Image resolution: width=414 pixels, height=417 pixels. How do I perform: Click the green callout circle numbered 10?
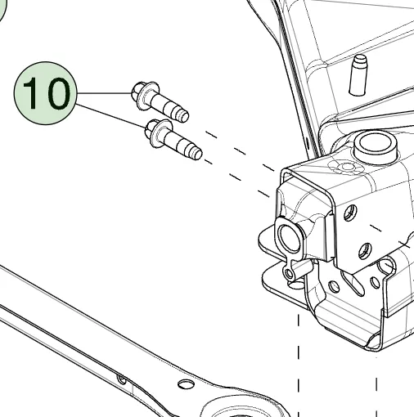click(46, 93)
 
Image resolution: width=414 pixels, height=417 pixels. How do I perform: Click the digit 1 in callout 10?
click(30, 93)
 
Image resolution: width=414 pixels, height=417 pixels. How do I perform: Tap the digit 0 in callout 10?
click(56, 93)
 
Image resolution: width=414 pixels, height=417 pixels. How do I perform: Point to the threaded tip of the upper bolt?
click(182, 115)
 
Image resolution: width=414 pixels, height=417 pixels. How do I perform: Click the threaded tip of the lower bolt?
click(196, 153)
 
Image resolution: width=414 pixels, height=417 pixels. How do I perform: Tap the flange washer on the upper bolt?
click(147, 96)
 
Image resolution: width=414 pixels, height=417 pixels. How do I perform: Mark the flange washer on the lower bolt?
click(161, 134)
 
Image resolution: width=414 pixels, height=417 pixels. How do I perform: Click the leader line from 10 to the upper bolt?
click(105, 93)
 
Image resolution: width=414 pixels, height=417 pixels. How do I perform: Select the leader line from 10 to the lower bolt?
click(110, 115)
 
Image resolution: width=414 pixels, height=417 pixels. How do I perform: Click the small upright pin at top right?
click(358, 75)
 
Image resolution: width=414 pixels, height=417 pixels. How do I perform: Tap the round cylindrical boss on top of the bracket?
click(376, 147)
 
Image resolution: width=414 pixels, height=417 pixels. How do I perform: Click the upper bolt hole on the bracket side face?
click(350, 213)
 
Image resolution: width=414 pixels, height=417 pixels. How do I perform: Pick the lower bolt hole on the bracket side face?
click(365, 251)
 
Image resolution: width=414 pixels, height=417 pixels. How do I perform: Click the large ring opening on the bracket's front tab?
click(290, 237)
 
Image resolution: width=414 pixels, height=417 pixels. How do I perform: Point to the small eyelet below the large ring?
click(289, 273)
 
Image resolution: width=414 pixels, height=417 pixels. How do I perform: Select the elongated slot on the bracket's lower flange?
click(353, 284)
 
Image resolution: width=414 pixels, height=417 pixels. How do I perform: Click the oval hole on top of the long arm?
click(186, 384)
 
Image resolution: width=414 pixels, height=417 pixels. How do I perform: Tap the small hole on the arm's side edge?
click(121, 379)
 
